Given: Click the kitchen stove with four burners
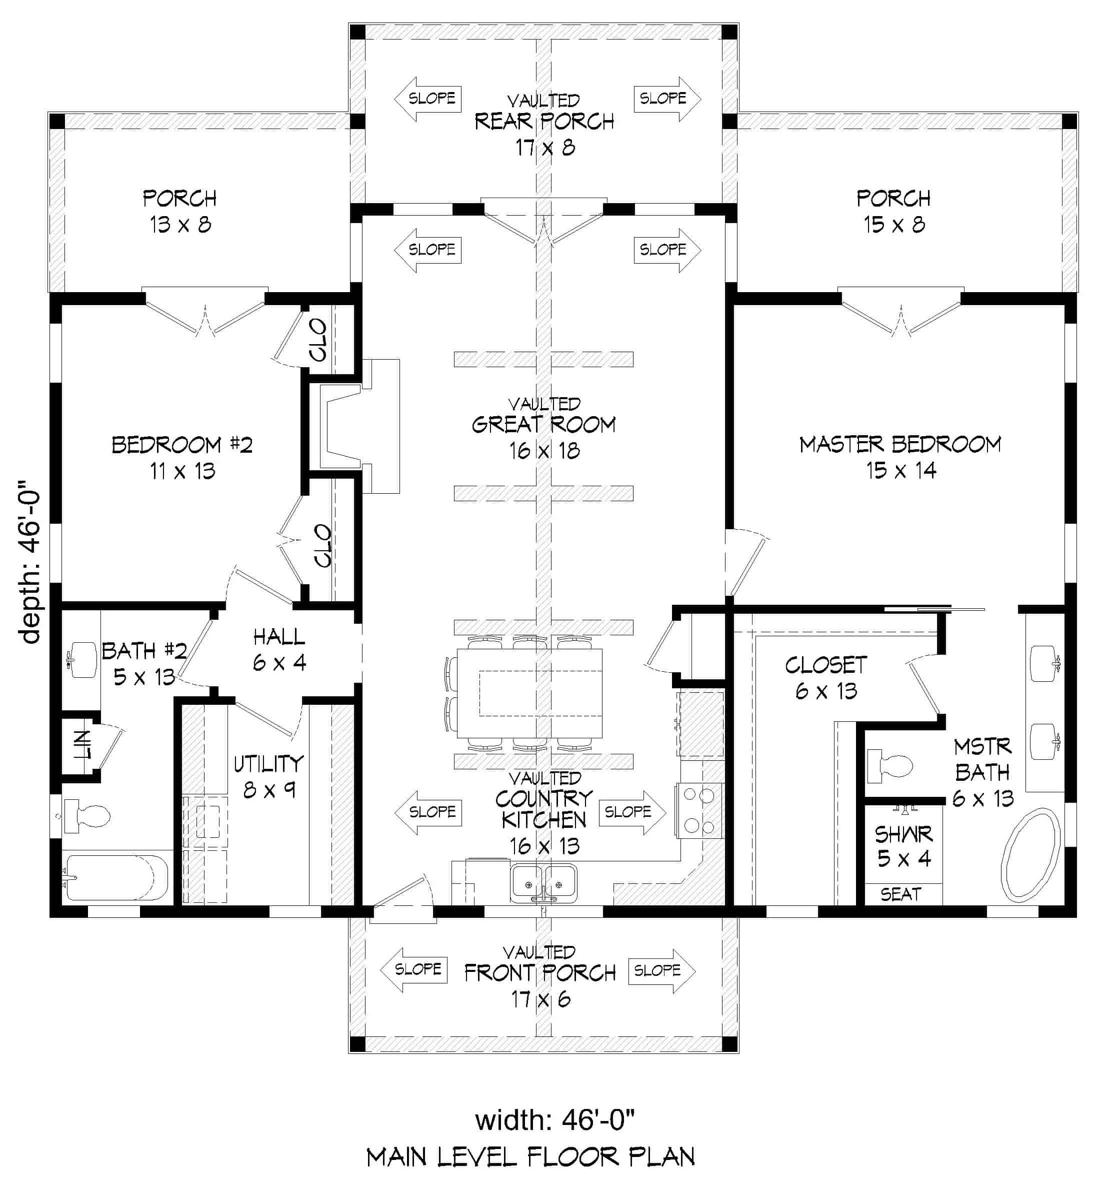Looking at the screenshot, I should (699, 810).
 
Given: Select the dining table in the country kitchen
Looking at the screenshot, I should (530, 693).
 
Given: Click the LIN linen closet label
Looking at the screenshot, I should (83, 744).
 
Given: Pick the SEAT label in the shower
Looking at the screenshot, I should (900, 894).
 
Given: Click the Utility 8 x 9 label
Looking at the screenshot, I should (268, 776).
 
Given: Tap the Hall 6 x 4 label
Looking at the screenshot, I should (279, 650).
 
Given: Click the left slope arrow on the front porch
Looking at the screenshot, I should (413, 969).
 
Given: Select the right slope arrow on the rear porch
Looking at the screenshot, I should (667, 99).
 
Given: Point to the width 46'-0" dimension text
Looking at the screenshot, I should (554, 1120).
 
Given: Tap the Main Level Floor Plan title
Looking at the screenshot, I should (530, 1156).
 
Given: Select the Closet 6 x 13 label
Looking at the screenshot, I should (826, 677).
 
